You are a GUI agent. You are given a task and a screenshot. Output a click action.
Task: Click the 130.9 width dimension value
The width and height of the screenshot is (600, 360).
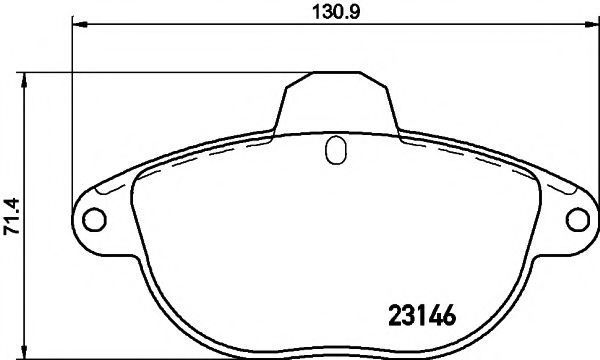[x=336, y=13]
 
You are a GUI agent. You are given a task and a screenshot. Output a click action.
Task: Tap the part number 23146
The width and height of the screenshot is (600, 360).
[x=422, y=315]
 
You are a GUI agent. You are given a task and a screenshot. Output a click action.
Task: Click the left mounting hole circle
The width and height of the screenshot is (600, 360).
[x=94, y=220]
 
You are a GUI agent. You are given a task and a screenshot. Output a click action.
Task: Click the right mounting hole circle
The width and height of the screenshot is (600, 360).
[x=578, y=220]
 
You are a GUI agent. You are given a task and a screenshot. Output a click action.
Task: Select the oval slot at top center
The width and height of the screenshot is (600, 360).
[x=336, y=150]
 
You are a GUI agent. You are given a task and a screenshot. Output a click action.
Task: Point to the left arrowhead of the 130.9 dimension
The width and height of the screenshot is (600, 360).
[x=80, y=24]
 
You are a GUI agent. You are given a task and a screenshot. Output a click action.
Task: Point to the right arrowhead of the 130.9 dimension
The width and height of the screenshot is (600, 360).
[x=592, y=24]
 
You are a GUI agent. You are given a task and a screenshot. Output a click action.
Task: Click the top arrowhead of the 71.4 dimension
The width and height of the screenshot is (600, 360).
[x=24, y=80]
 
